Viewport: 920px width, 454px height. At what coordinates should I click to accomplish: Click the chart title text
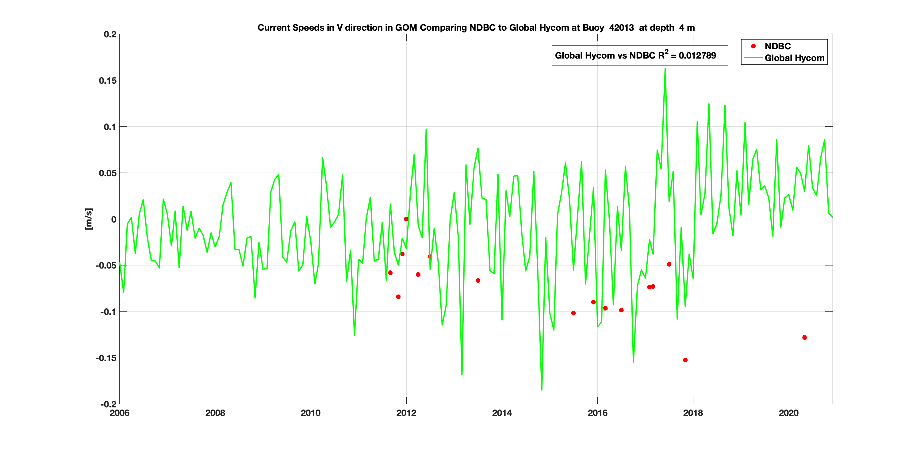pos(476,28)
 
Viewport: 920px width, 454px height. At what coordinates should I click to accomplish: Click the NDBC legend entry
pos(777,46)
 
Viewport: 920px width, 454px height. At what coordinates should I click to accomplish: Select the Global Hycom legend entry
pos(794,58)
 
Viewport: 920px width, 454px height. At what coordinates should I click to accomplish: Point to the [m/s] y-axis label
pos(89,219)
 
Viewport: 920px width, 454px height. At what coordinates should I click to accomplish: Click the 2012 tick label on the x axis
pos(406,413)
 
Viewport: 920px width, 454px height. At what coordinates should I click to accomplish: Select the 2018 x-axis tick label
pos(693,413)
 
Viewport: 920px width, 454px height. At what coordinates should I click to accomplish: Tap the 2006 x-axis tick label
pos(120,413)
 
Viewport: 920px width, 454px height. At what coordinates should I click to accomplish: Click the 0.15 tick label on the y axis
pos(108,81)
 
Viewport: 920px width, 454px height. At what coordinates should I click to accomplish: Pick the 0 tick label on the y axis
pos(113,219)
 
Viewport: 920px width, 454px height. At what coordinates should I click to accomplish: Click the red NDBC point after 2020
pos(804,337)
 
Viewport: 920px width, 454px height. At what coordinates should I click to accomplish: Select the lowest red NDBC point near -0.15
pos(685,360)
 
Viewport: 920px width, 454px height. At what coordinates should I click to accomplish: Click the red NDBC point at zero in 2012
pos(406,219)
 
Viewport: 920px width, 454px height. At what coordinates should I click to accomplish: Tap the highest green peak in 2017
pos(665,69)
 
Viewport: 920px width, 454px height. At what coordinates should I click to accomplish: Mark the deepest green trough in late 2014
pos(542,389)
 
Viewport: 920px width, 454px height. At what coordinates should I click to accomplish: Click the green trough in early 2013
pos(462,374)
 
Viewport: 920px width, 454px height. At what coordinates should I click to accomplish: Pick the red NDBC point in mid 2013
pos(478,280)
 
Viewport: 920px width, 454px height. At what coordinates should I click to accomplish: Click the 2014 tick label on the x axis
pos(502,413)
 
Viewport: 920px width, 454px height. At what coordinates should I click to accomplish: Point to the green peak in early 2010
pos(323,157)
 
